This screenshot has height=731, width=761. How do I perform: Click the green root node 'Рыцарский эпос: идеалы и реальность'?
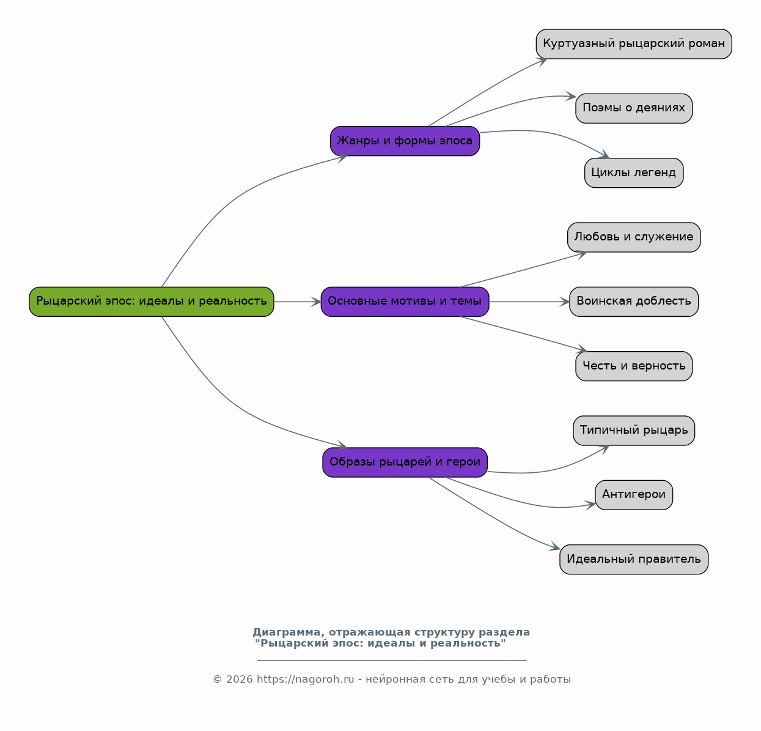[152, 302]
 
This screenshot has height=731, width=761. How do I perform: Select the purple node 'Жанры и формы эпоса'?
[405, 141]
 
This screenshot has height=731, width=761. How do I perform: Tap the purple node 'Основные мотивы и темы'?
[405, 302]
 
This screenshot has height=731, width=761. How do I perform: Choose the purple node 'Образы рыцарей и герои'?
[405, 462]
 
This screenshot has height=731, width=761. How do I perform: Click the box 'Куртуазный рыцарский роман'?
[634, 44]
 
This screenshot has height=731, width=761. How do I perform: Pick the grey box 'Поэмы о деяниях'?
[634, 108]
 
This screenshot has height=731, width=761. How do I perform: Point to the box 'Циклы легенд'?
[634, 173]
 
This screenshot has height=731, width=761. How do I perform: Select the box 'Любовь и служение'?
[634, 237]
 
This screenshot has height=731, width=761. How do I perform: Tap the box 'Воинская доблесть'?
[634, 302]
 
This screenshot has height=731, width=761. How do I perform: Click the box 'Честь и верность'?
[634, 366]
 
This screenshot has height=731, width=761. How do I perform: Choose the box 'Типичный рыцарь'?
[634, 431]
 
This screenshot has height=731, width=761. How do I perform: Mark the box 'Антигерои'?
[634, 495]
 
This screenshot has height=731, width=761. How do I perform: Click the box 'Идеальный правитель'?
[634, 560]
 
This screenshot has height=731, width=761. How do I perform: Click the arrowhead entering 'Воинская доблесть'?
[565, 302]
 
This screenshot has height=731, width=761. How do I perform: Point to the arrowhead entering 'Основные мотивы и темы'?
[316, 302]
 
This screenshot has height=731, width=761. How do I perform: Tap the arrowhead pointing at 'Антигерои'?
[590, 505]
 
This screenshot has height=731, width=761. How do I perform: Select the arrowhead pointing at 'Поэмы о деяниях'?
[571, 97]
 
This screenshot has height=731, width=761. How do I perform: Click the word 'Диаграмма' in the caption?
[286, 633]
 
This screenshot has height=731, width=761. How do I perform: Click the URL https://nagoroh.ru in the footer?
[305, 680]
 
